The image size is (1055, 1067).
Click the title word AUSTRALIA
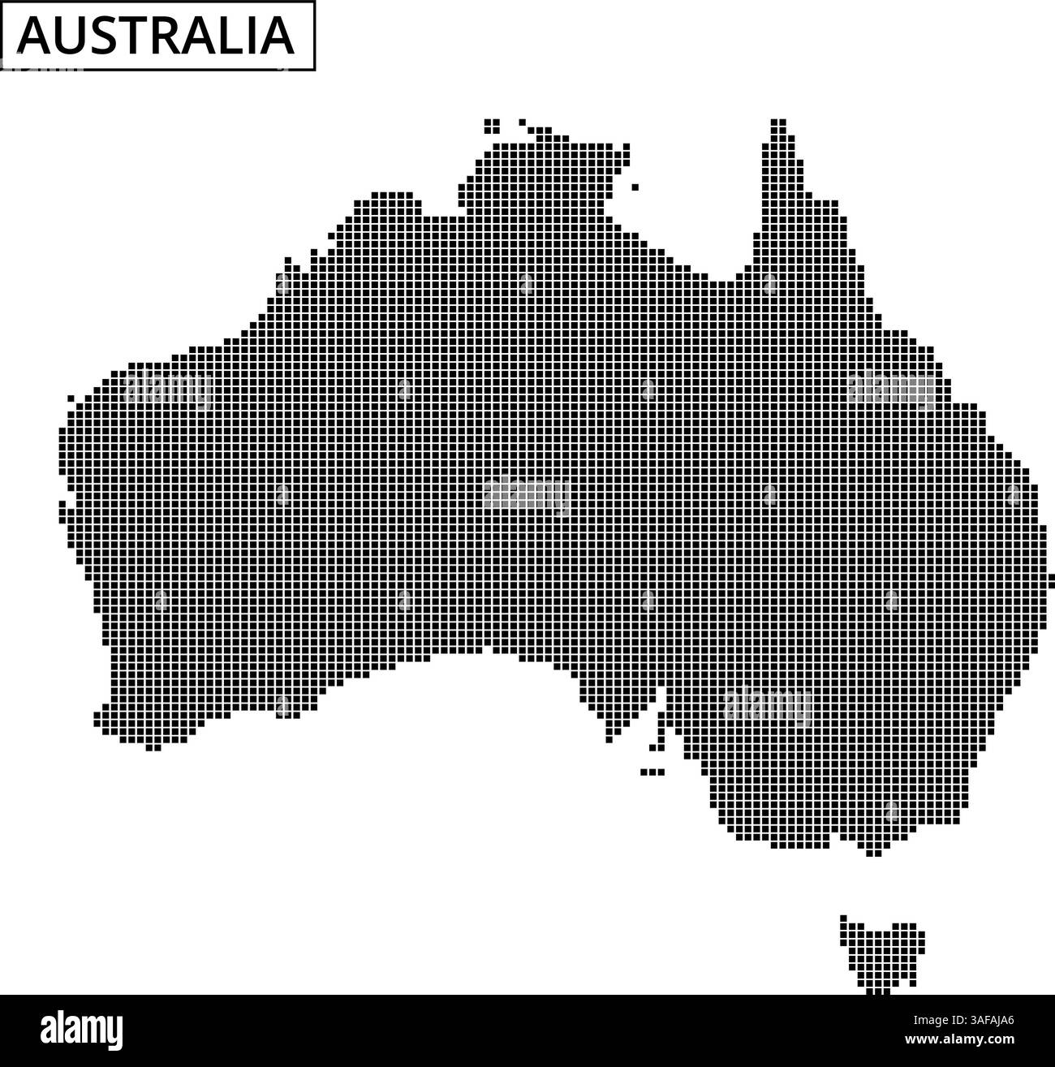point(156,36)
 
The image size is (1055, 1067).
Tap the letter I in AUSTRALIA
point(247,36)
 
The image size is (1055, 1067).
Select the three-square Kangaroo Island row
point(652,772)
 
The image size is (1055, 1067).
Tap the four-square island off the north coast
point(492,126)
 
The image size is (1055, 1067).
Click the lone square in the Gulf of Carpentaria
point(635,187)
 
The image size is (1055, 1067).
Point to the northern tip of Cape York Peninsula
point(778,123)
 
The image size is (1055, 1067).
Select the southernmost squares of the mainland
point(873,852)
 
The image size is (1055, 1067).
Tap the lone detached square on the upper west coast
point(71,398)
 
